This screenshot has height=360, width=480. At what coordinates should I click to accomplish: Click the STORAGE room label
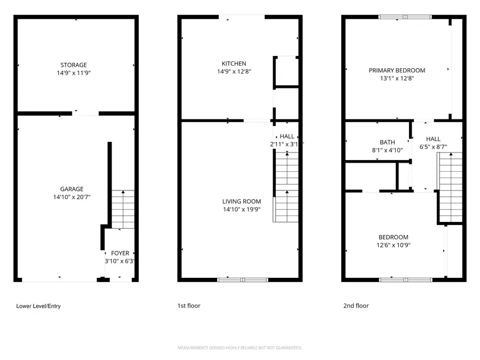click(74, 65)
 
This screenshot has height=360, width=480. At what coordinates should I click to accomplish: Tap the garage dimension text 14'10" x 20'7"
click(71, 197)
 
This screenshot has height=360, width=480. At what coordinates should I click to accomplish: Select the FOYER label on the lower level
click(119, 253)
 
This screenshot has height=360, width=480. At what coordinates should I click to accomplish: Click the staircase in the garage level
click(123, 209)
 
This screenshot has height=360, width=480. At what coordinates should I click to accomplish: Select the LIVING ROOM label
click(242, 202)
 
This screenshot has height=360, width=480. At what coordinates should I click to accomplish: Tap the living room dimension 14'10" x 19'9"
click(242, 210)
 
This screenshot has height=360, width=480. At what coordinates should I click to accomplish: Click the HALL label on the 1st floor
click(286, 137)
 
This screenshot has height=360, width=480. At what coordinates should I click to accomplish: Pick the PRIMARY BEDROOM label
click(397, 70)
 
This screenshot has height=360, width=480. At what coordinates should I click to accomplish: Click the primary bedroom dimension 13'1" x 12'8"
click(397, 78)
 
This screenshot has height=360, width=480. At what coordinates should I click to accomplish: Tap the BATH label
click(387, 142)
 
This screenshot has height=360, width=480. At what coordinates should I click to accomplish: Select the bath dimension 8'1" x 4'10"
click(387, 150)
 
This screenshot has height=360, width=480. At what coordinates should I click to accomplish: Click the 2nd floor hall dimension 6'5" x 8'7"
click(433, 147)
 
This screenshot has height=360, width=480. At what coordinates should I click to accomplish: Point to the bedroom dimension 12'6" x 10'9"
click(394, 245)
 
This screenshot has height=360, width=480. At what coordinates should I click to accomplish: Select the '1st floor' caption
click(189, 306)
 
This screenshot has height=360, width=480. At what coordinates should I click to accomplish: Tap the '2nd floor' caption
click(356, 306)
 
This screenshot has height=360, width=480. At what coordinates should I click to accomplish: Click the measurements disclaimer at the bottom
click(239, 348)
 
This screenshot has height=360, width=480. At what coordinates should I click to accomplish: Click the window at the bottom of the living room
click(243, 279)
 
